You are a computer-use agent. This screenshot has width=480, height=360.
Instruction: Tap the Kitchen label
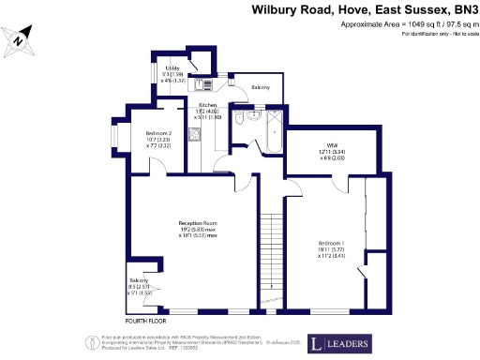[206, 106]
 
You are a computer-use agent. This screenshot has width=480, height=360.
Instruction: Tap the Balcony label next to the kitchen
[260, 87]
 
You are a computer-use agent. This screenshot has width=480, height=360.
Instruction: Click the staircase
[272, 246]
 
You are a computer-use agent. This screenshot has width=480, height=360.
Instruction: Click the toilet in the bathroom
[242, 120]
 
